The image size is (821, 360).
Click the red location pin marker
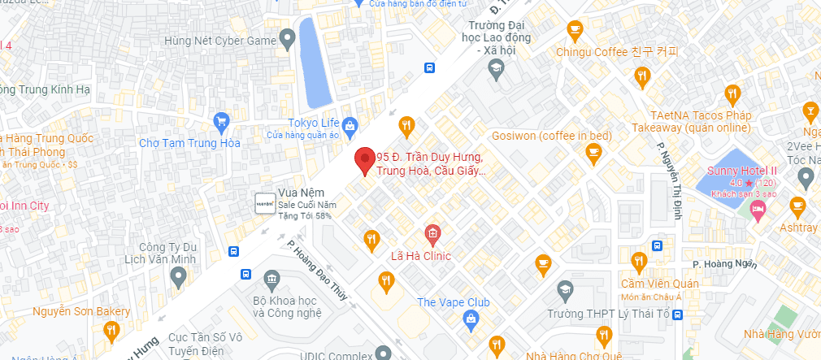tap(366, 160)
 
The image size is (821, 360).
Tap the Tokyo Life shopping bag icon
tap(350, 125)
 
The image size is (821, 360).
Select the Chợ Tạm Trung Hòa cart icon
tap(220, 123)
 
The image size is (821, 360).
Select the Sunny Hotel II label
tap(742, 171)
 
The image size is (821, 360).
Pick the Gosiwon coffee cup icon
tap(594, 152)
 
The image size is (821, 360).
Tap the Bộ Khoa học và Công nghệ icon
tap(271, 280)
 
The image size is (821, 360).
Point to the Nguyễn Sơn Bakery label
tap(81, 311)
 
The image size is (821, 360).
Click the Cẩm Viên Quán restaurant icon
tap(639, 262)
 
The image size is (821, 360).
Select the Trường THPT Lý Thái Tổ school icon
tap(563, 289)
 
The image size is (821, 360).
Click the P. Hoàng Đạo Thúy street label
tap(317, 269)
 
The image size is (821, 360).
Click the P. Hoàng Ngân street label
tap(723, 263)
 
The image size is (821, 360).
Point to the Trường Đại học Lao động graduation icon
tap(494, 71)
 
